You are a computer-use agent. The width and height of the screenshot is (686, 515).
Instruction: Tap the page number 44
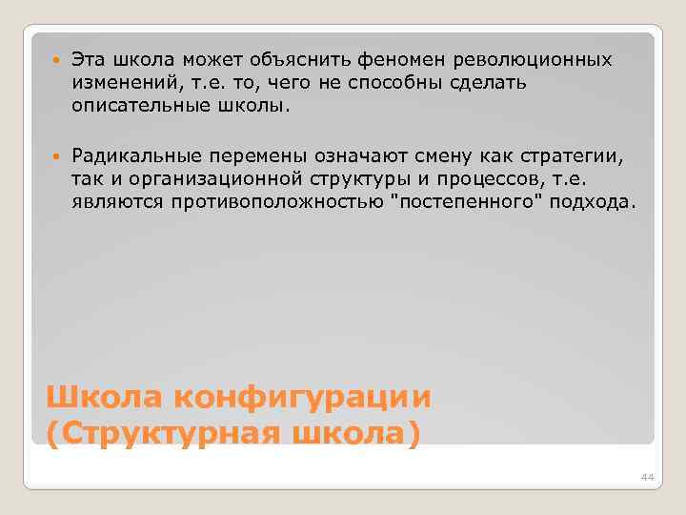click(648, 477)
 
